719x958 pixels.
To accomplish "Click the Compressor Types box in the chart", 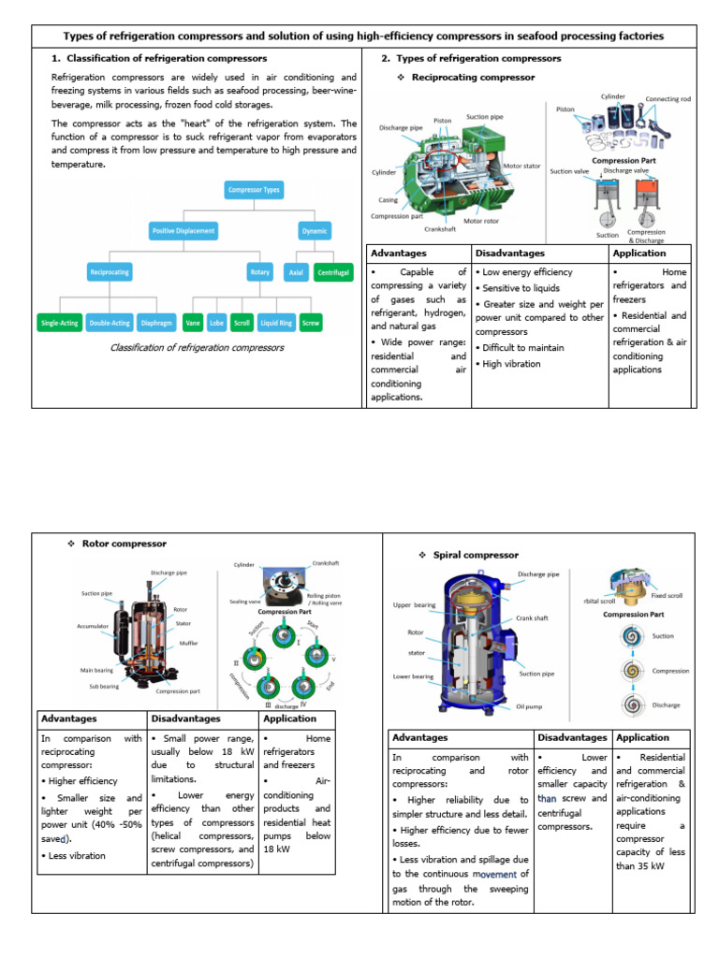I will pyautogui.click(x=254, y=190).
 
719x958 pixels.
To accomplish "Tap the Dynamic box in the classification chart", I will pyautogui.click(x=315, y=230).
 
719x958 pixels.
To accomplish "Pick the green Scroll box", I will pyautogui.click(x=242, y=323).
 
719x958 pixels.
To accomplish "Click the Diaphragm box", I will pyautogui.click(x=155, y=323).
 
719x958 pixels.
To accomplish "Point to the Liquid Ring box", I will pyautogui.click(x=275, y=323).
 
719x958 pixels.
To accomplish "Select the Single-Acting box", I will pyautogui.click(x=59, y=323).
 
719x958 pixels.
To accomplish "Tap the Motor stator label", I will pyautogui.click(x=521, y=166).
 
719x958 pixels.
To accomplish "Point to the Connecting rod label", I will pyautogui.click(x=666, y=99).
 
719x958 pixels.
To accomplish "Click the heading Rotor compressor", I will pyautogui.click(x=125, y=544).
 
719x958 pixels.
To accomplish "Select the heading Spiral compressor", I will pyautogui.click(x=476, y=555).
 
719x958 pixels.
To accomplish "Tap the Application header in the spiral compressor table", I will pyautogui.click(x=643, y=737).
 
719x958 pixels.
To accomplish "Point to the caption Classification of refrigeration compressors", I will pyautogui.click(x=197, y=348).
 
